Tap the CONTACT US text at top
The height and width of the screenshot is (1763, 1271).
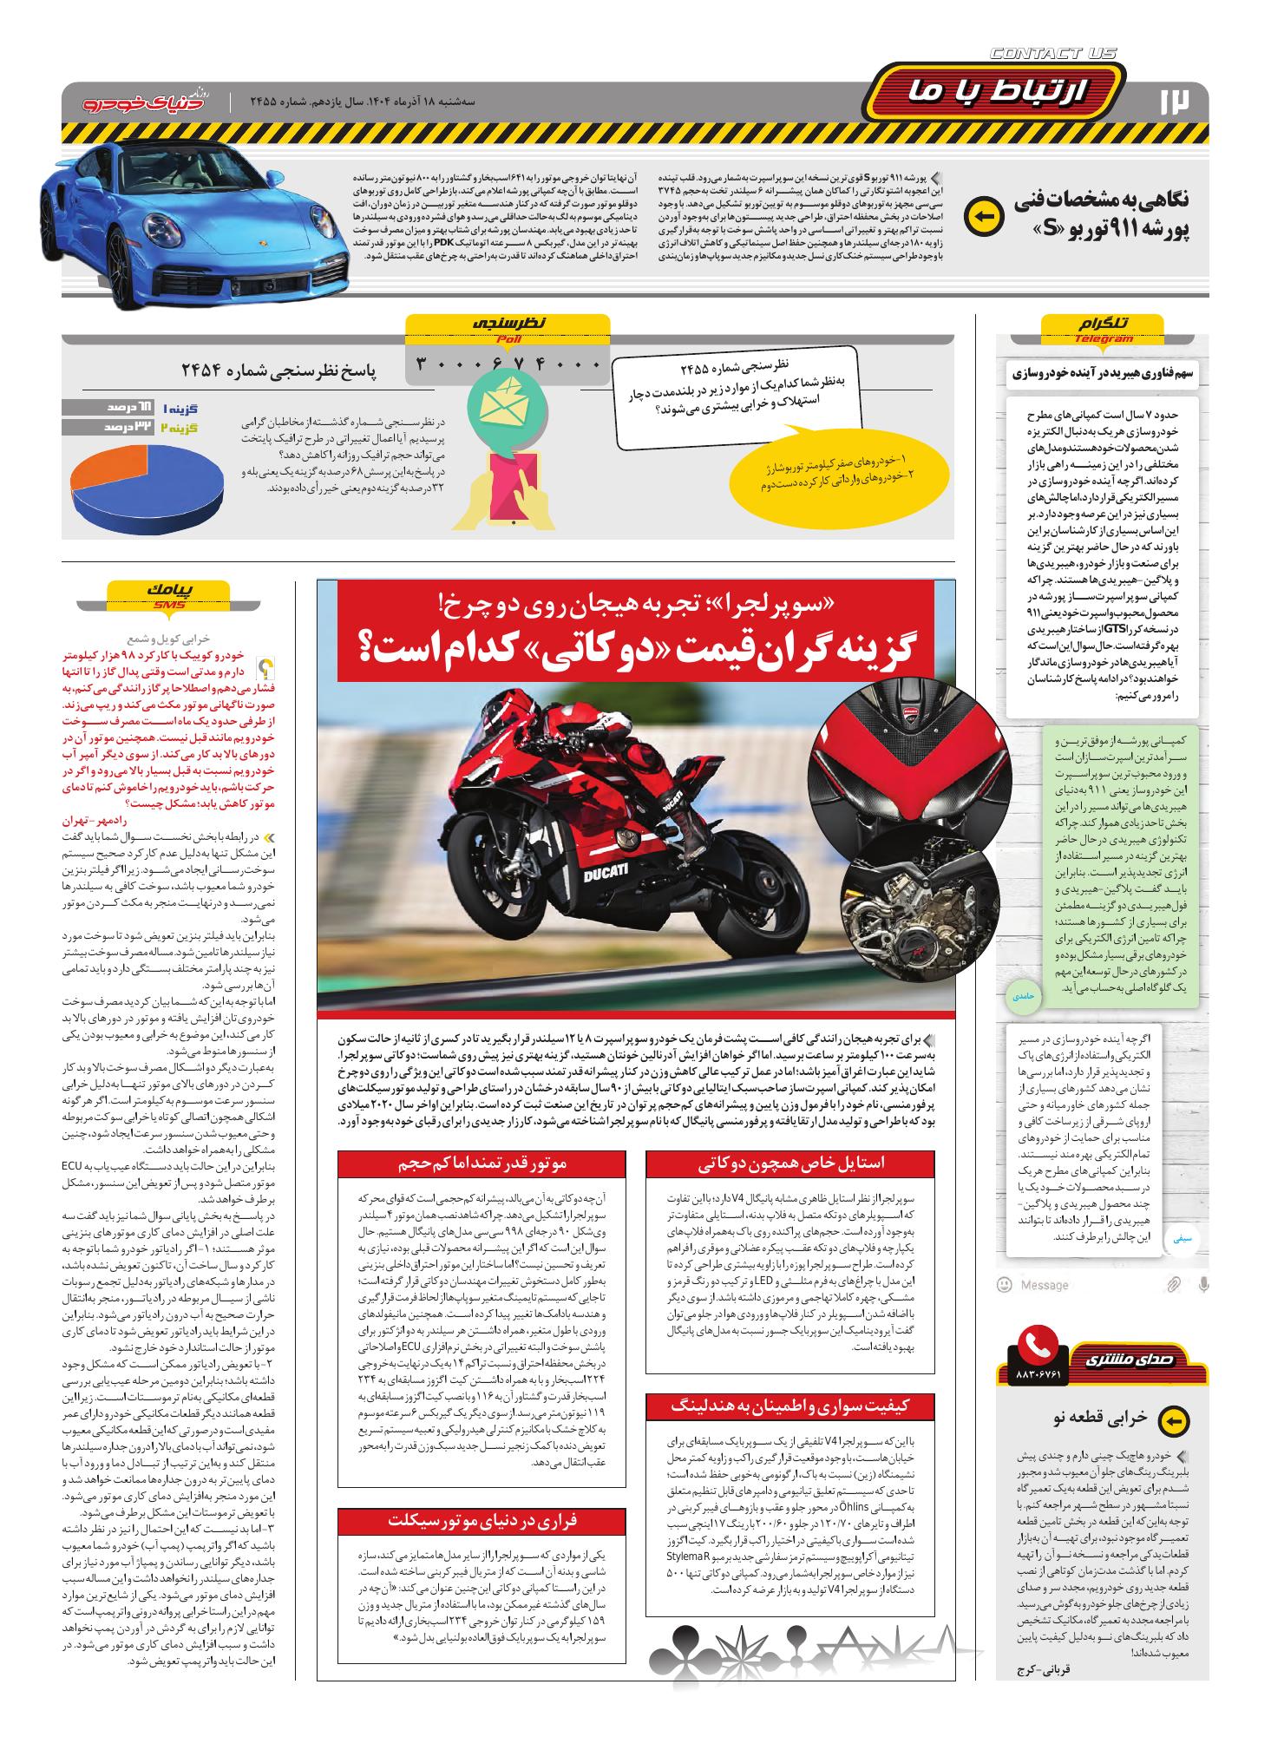[1053, 55]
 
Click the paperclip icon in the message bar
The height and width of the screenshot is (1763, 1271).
[1173, 1284]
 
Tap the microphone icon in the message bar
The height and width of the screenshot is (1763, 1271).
[1203, 1284]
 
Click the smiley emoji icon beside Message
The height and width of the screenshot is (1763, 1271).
[1005, 1284]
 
